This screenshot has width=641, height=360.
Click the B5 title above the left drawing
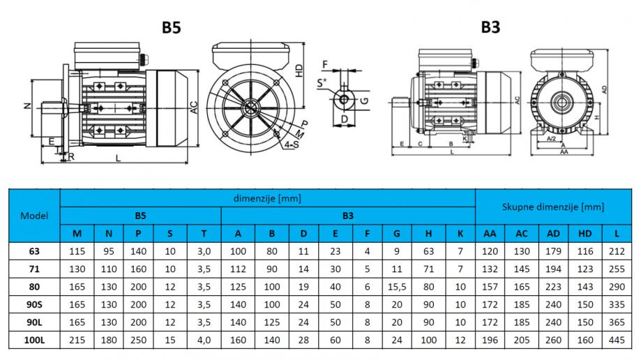[x=172, y=27]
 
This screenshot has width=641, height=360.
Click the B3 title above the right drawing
[x=490, y=27]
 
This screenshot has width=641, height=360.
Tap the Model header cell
[x=34, y=216]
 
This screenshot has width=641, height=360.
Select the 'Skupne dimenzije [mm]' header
[x=553, y=207]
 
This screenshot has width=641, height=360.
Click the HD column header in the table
[x=585, y=234]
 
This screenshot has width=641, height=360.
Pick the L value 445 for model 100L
[x=617, y=340]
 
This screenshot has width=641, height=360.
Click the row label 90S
[x=34, y=305]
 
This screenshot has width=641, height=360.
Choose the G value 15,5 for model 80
[x=397, y=287]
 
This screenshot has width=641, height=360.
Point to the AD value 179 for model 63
[x=553, y=251]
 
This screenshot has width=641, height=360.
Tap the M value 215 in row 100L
[x=77, y=340]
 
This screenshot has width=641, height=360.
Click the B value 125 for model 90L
[x=271, y=322]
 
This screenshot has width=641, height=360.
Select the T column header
[x=204, y=234]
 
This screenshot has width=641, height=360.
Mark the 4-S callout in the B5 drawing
[x=292, y=144]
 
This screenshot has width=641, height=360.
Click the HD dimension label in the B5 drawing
[x=299, y=70]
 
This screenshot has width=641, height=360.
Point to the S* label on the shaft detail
[x=322, y=82]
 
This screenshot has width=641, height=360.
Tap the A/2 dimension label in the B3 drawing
[x=552, y=138]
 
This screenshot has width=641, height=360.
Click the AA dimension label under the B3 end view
[x=564, y=152]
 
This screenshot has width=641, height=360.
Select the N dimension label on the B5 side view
[x=27, y=105]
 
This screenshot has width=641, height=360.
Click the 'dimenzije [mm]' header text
[x=267, y=198]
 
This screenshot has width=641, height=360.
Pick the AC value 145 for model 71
[x=521, y=269]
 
